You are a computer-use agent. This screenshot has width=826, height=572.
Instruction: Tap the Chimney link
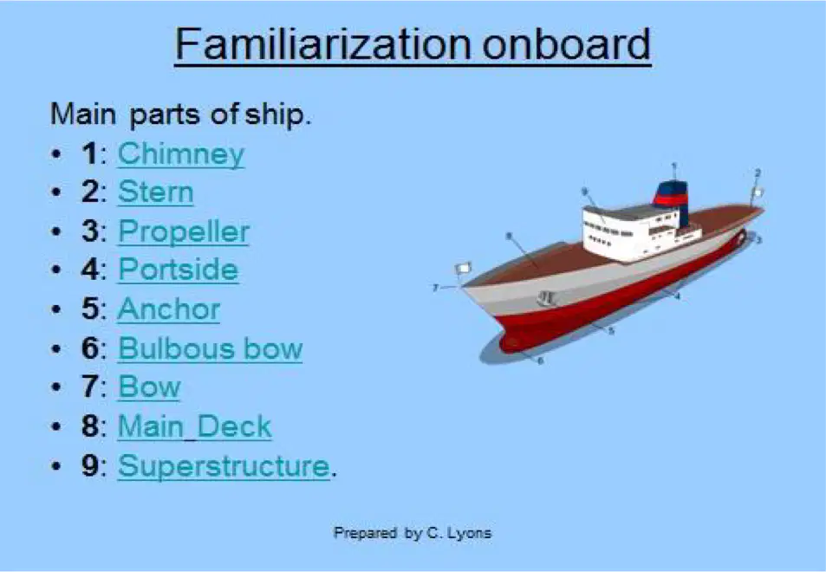click(x=180, y=153)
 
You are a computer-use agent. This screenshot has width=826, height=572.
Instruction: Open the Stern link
click(x=155, y=192)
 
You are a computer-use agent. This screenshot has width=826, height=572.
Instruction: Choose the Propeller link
click(x=184, y=231)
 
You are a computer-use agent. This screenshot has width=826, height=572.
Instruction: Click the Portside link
click(x=178, y=270)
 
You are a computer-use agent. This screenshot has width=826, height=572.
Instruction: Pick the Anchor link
click(x=168, y=309)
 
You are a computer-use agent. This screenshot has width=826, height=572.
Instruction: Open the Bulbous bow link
click(x=211, y=348)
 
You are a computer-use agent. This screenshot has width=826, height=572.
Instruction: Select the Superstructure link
click(x=224, y=465)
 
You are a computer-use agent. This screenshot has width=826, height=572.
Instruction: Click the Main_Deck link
click(x=194, y=426)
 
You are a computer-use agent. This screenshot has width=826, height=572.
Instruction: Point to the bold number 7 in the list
click(x=90, y=387)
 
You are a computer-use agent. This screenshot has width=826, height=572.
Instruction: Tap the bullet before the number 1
click(x=56, y=154)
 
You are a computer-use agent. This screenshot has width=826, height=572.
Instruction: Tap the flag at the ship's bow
click(x=464, y=268)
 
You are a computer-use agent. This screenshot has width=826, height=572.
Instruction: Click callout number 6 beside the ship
click(x=541, y=361)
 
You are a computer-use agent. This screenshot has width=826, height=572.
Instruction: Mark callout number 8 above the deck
click(x=509, y=236)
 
